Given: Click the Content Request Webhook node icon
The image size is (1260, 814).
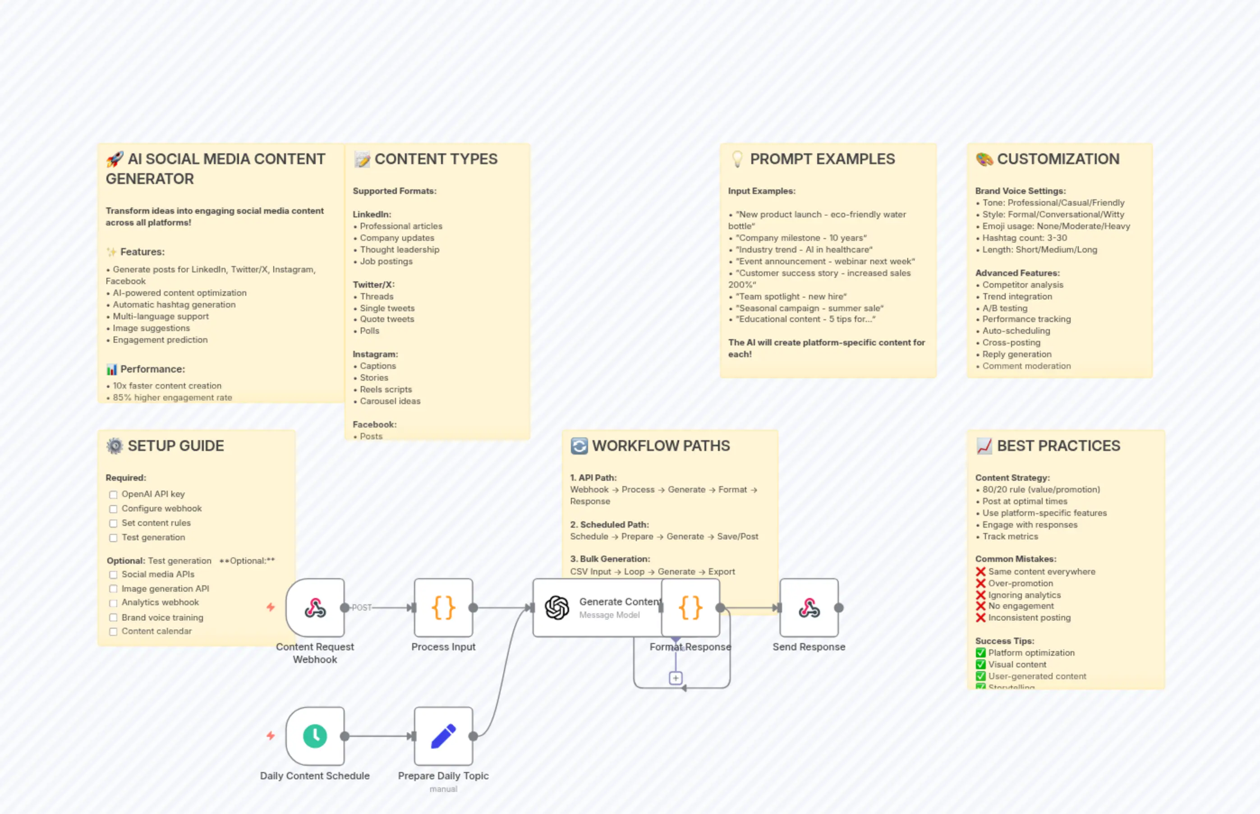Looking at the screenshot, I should pyautogui.click(x=315, y=608).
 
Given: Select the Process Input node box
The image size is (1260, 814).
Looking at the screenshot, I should pyautogui.click(x=443, y=608).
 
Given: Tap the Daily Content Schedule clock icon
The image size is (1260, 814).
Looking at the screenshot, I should pyautogui.click(x=315, y=736).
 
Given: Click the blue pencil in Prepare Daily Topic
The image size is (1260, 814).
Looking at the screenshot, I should pyautogui.click(x=443, y=736).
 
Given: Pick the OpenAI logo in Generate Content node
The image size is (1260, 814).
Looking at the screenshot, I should pyautogui.click(x=557, y=608).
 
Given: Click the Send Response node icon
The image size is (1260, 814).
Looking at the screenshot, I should pyautogui.click(x=809, y=608).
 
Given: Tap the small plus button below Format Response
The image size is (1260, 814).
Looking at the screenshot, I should pyautogui.click(x=676, y=678).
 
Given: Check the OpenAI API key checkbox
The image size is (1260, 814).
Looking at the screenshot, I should pyautogui.click(x=113, y=495).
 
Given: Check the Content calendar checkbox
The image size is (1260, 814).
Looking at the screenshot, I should pyautogui.click(x=113, y=632).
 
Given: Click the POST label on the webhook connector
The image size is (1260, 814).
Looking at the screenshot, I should pyautogui.click(x=362, y=608).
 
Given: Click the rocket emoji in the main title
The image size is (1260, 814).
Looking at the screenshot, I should pyautogui.click(x=115, y=159).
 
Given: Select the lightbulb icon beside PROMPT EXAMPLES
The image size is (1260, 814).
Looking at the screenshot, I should pyautogui.click(x=737, y=159).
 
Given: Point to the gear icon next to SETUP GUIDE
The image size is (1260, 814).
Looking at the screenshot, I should pyautogui.click(x=115, y=446).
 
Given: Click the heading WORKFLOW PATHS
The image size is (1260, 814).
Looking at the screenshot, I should pyautogui.click(x=661, y=446).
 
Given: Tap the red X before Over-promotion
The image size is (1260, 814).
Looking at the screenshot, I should pyautogui.click(x=980, y=583).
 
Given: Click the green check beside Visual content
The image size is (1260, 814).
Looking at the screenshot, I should pyautogui.click(x=980, y=664).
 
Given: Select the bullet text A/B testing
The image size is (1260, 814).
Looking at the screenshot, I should pyautogui.click(x=1005, y=308).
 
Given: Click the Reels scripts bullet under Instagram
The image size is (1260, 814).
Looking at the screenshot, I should pyautogui.click(x=386, y=390).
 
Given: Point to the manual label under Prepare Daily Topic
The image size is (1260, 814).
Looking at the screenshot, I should pyautogui.click(x=443, y=789).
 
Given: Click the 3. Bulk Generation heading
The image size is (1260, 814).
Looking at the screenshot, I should pyautogui.click(x=610, y=559).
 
